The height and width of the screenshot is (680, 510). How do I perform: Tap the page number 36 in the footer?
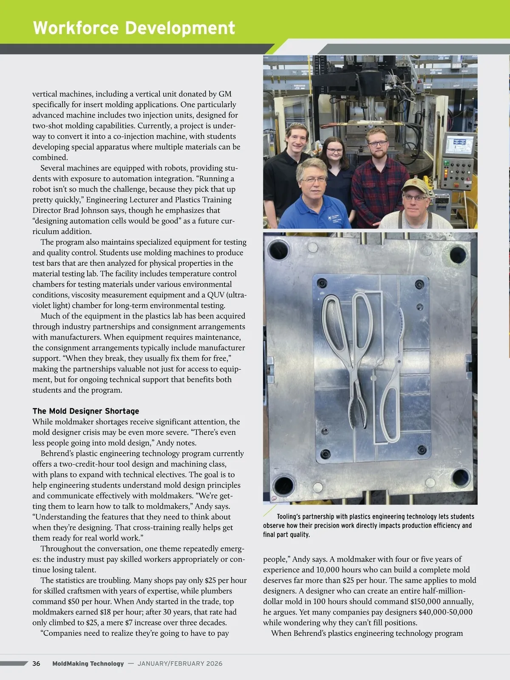[x=36, y=663]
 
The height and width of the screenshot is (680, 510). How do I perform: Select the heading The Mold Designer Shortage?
[x=86, y=411]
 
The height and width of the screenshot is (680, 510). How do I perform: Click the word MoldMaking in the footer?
[x=70, y=663]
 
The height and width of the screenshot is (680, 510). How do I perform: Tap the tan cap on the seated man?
[x=414, y=186]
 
